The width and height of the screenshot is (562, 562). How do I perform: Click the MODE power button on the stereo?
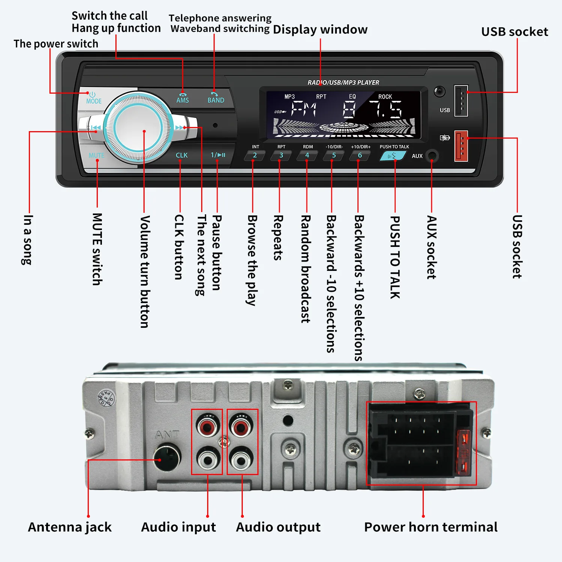93,98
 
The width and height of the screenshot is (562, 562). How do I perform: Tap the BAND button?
216,98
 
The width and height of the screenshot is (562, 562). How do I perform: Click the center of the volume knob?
138,128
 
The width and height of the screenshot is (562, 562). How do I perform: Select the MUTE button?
96,155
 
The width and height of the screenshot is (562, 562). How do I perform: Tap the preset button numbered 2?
255,155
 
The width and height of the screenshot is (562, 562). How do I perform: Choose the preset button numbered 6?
360,155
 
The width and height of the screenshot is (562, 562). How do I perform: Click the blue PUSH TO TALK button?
392,155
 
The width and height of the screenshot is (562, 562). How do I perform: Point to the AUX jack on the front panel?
432,155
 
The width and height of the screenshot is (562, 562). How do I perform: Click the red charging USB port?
461,146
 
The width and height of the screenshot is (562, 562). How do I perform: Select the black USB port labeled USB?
461,101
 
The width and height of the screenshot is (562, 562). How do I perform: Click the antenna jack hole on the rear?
166,457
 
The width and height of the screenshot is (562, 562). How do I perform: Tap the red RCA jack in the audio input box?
207,426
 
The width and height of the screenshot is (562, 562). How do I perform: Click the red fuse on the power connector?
464,453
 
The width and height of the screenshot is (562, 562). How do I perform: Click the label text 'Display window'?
320,29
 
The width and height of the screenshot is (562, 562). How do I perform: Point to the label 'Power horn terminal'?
430,527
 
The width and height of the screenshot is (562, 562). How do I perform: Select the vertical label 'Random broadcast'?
306,269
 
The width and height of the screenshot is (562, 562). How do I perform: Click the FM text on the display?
304,110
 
